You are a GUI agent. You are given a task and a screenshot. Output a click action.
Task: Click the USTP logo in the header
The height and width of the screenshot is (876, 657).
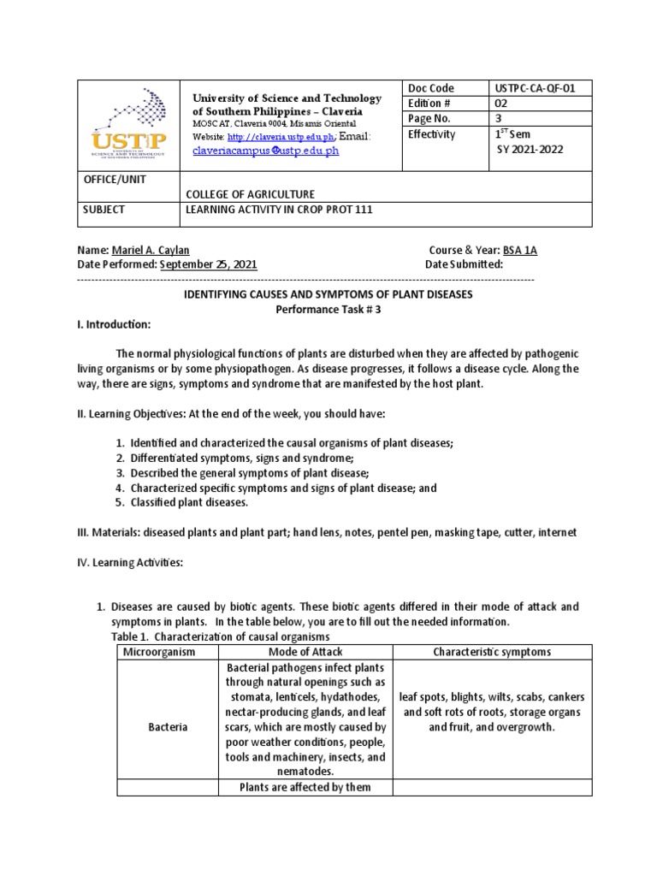coord(127,124)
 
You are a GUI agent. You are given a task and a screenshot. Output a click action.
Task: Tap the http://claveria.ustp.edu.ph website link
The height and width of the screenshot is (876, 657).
coord(275,137)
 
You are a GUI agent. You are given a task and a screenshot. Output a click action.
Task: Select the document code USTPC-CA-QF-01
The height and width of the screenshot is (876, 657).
coord(531,88)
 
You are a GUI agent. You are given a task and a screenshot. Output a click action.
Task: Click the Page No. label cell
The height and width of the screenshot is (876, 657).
coord(430,119)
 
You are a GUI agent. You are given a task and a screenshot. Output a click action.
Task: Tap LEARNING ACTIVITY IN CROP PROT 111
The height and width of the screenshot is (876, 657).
coord(280,210)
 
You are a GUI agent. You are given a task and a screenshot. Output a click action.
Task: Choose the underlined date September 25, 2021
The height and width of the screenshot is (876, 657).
coord(208,264)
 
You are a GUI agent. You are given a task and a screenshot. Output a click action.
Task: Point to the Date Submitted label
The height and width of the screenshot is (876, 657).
coord(464,264)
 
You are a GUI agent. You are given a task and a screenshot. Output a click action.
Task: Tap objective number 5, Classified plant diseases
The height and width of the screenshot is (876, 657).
coord(189,502)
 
